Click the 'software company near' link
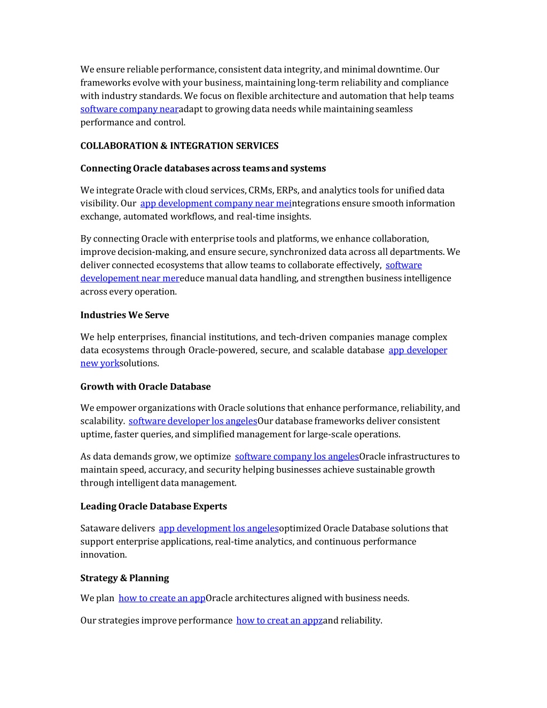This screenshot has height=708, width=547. click(x=129, y=109)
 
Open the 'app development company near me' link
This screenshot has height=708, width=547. click(x=216, y=204)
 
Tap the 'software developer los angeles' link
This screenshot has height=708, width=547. click(x=193, y=421)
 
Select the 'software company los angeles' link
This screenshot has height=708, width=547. click(x=296, y=456)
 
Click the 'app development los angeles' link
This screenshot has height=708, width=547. click(x=218, y=528)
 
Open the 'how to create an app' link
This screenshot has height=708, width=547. click(x=162, y=598)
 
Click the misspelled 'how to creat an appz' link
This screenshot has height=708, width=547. click(x=279, y=620)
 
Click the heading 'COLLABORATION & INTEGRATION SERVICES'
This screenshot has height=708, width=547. click(x=179, y=146)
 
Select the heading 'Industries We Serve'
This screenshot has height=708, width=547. click(x=124, y=315)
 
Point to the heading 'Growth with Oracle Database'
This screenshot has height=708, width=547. click(x=145, y=387)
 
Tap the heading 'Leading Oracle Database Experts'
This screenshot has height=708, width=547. click(x=153, y=507)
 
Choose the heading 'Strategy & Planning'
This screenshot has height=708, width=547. click(x=124, y=578)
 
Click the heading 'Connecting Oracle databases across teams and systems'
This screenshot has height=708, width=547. click(x=203, y=168)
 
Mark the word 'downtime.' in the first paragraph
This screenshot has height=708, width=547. click(x=400, y=69)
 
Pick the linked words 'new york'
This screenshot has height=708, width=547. click(x=100, y=363)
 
